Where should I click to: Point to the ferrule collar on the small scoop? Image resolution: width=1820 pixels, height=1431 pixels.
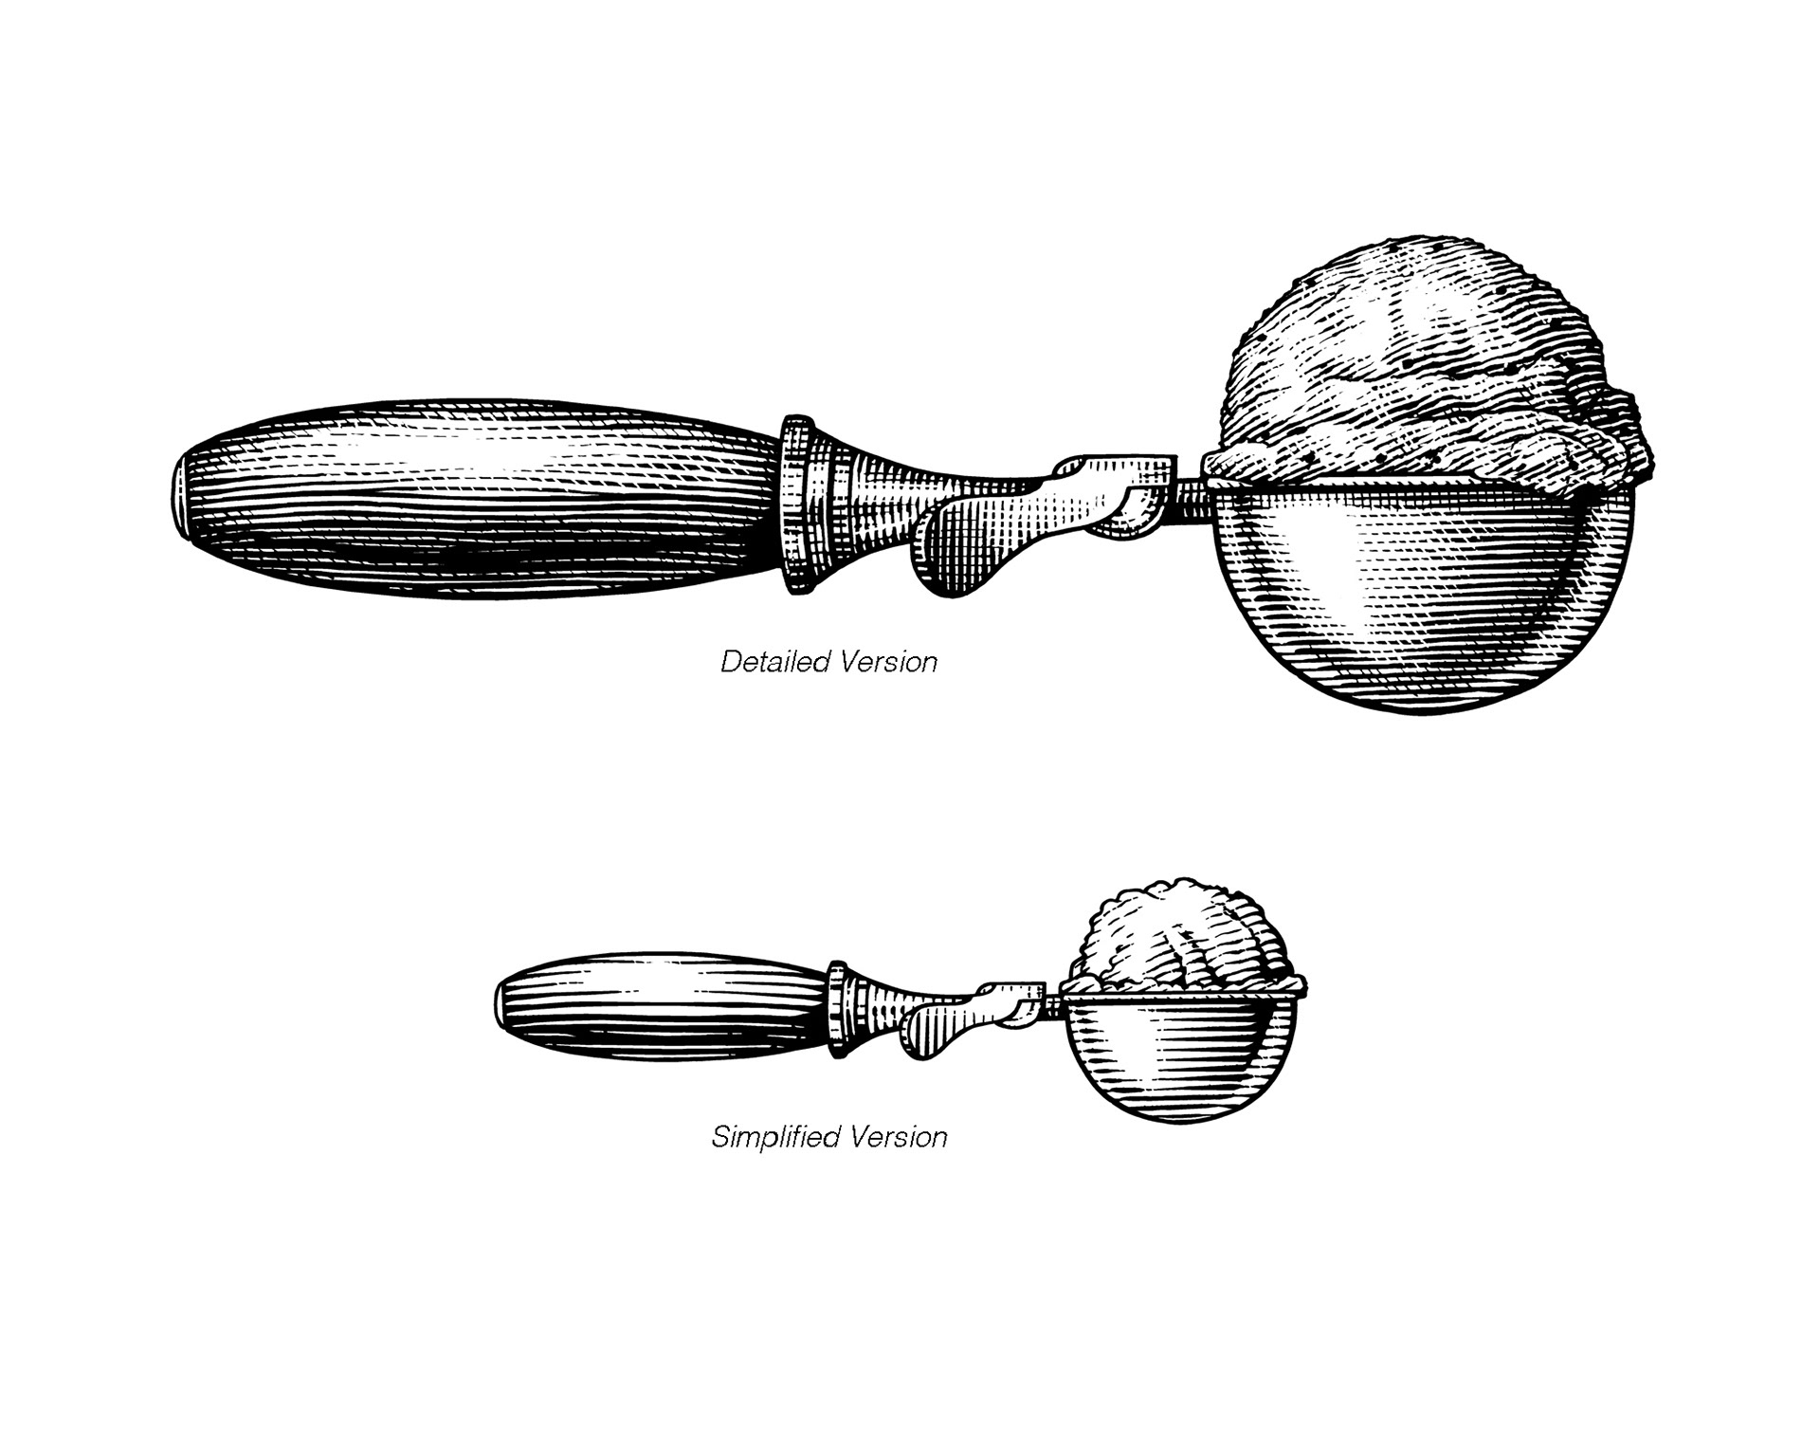(x=837, y=1010)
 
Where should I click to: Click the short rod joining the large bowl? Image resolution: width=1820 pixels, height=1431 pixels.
(x=1190, y=493)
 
